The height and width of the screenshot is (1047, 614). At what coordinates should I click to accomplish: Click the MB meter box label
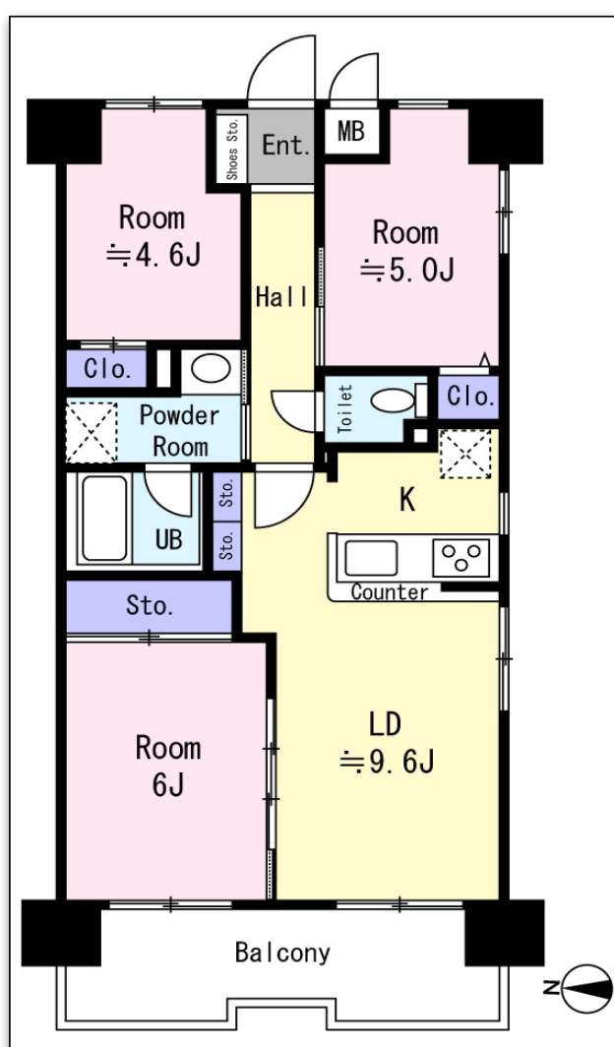[351, 132]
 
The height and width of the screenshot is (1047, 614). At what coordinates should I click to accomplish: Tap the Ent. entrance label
[285, 145]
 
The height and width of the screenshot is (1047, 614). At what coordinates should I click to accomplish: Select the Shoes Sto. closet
[232, 149]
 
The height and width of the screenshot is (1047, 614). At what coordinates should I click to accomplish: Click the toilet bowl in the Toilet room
[393, 401]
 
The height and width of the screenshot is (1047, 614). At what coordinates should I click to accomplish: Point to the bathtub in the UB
[104, 519]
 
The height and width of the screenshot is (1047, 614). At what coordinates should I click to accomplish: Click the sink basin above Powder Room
[211, 369]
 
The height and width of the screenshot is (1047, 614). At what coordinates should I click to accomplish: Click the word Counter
[390, 591]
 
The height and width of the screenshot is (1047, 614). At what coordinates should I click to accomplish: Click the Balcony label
[282, 953]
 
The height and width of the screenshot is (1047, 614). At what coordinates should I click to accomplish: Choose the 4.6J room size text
[153, 255]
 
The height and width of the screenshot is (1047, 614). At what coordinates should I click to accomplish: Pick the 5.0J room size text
[407, 270]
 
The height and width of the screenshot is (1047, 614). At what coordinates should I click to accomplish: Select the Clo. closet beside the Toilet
[469, 398]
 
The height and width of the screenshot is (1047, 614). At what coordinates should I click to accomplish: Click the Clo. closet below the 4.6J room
[106, 369]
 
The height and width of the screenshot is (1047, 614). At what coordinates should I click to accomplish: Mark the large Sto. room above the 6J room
[150, 606]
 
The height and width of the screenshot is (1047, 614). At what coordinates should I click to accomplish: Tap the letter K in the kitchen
[407, 500]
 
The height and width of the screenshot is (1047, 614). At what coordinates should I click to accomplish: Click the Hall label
[281, 297]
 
